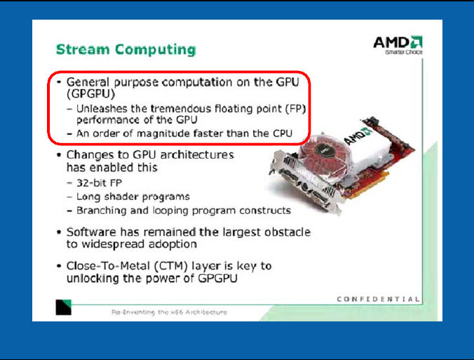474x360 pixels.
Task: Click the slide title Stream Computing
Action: point(126,50)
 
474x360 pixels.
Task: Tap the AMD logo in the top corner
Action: point(398,45)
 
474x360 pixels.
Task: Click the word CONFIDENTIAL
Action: point(378,299)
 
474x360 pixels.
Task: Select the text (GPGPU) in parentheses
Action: point(90,94)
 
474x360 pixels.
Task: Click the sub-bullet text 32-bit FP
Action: point(99,182)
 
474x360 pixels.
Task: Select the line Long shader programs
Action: point(133,196)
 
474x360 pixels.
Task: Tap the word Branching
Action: point(101,211)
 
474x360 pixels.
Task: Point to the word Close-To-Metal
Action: point(108,266)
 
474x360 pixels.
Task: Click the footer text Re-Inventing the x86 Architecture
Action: point(169,312)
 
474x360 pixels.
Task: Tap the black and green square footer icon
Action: point(64,307)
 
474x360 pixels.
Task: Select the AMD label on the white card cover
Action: point(358,135)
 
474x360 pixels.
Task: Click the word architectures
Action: point(197,155)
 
